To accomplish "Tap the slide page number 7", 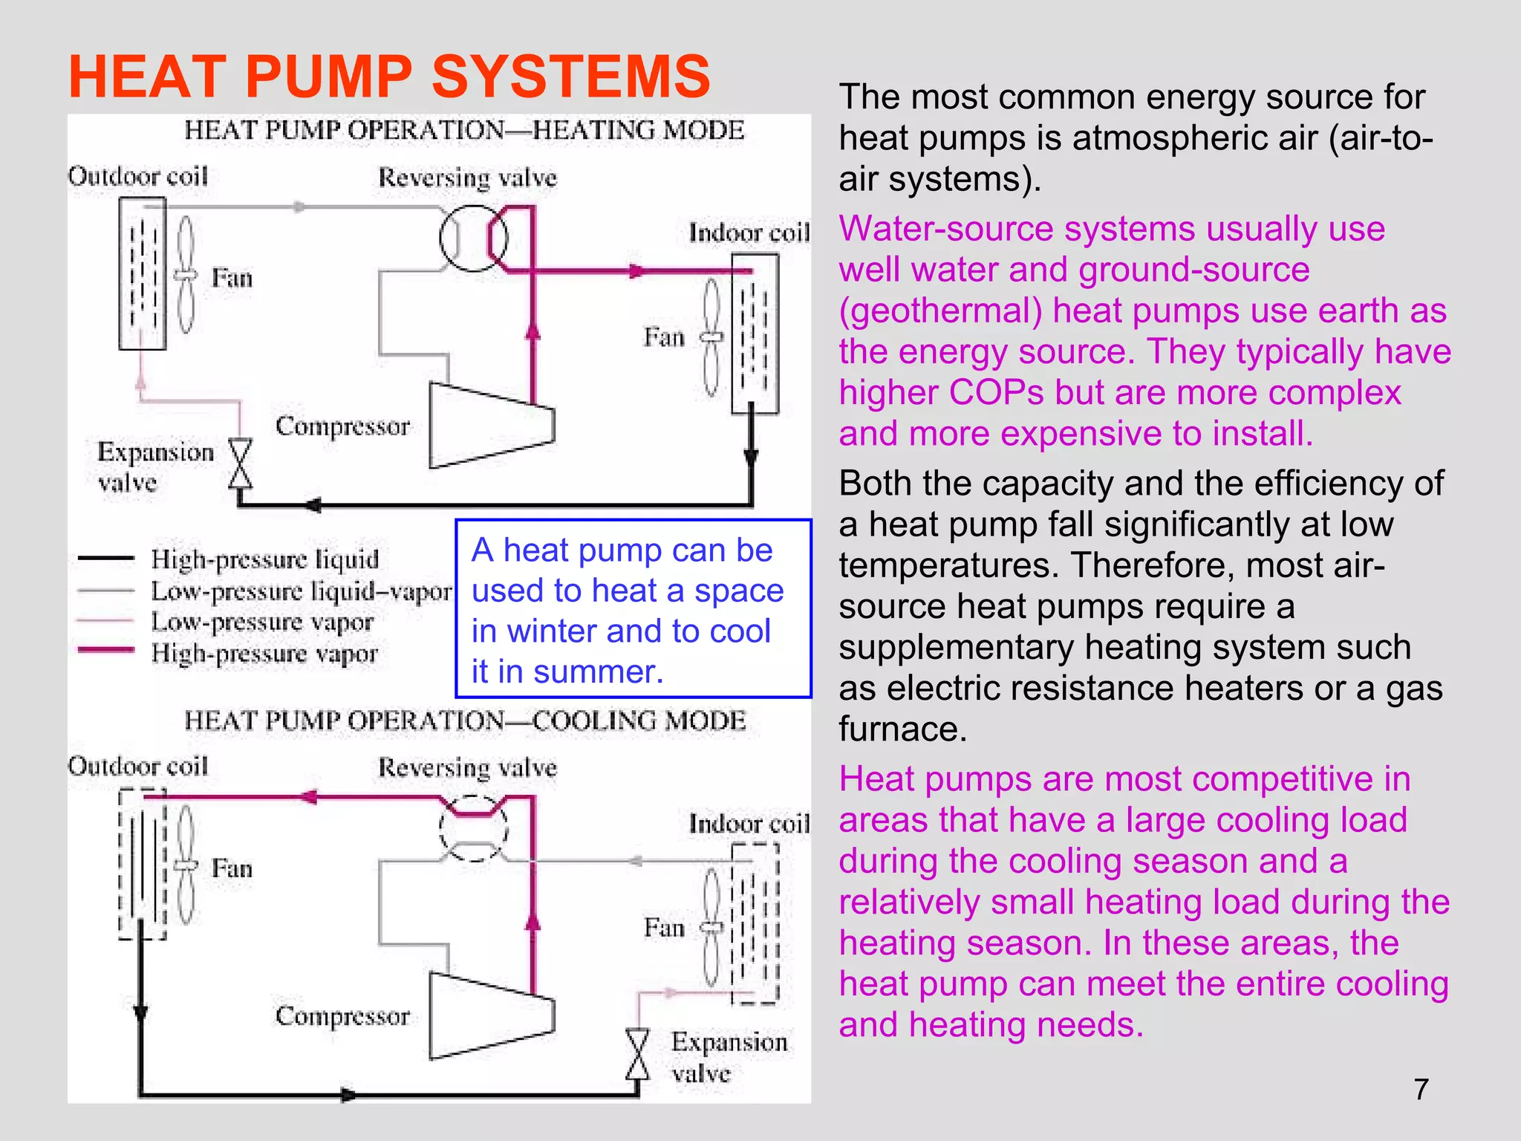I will point(1421,1089).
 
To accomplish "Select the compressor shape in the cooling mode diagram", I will point(491,1015).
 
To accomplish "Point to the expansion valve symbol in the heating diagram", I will point(240,464).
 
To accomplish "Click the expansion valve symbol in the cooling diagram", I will point(637,1055).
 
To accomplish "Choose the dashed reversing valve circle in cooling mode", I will point(473,828).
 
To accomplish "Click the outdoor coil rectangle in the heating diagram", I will point(142,273).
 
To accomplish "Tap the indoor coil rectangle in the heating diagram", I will point(755,334).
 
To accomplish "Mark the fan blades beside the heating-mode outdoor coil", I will point(186,275).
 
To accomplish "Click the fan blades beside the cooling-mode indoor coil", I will point(711,928).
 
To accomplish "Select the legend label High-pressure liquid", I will point(264,559).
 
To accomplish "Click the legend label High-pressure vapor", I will point(264,654).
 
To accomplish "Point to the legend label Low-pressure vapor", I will point(261,622).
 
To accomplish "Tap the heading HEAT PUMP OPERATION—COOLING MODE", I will point(465,721).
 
